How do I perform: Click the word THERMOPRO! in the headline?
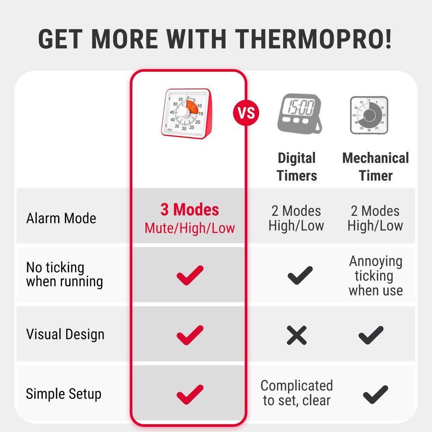point(315,38)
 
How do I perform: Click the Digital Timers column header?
point(297,167)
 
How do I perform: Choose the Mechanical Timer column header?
point(375,167)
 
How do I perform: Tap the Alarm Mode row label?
point(61,218)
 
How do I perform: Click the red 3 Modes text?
point(190,210)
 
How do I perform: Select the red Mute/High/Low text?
point(190,228)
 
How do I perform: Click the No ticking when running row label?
point(64,274)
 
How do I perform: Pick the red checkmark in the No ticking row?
point(190,275)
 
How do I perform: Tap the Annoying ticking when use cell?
point(375,276)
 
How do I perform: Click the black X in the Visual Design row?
point(297,335)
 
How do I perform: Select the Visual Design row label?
point(65,334)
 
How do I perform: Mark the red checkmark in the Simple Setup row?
point(190,394)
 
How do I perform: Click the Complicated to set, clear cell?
point(297,393)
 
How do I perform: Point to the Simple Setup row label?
point(64,394)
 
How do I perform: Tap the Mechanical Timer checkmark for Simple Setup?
point(375,394)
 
